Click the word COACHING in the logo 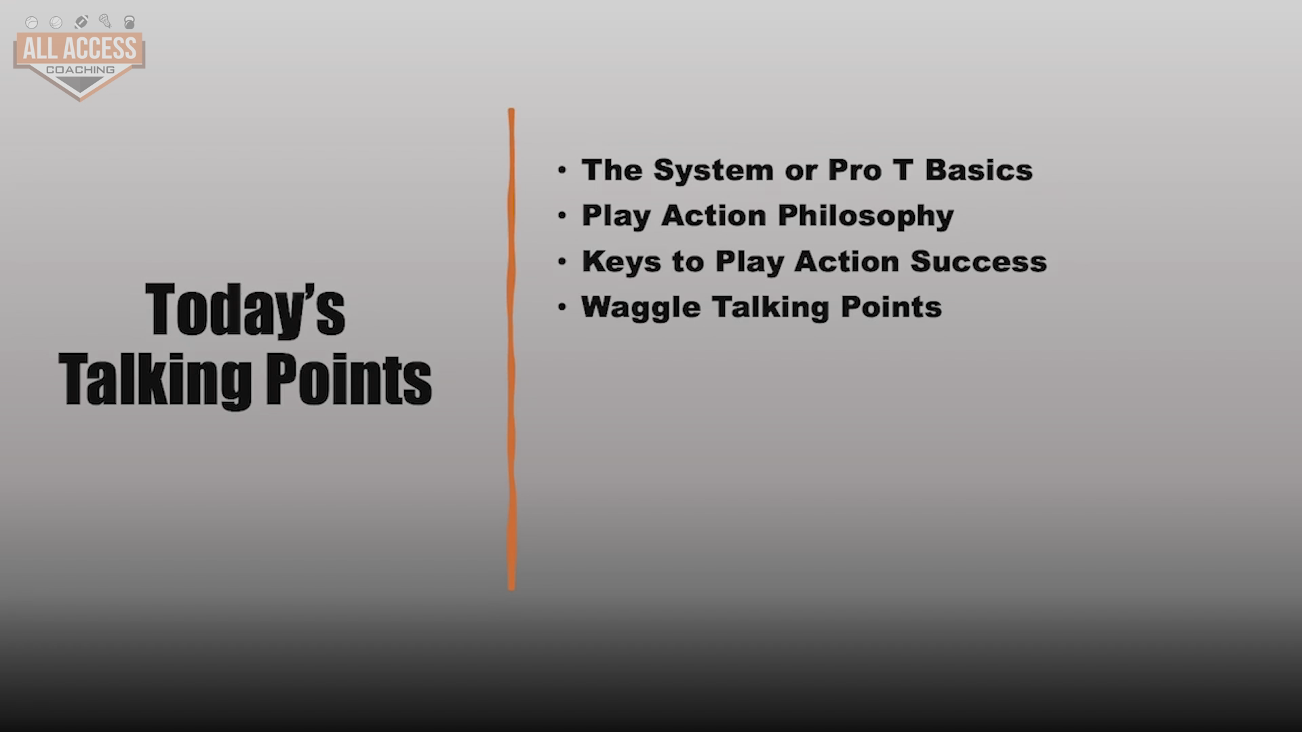[80, 70]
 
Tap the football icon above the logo [81, 22]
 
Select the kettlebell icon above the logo [130, 22]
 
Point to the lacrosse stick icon [104, 21]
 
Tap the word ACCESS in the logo [100, 48]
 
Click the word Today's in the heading [245, 310]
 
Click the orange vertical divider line [511, 349]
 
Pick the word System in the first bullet [713, 171]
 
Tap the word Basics [979, 170]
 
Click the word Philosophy [865, 216]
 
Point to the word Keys [621, 262]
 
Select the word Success [979, 262]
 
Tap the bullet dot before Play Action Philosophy [561, 216]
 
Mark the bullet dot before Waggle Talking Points [561, 307]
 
